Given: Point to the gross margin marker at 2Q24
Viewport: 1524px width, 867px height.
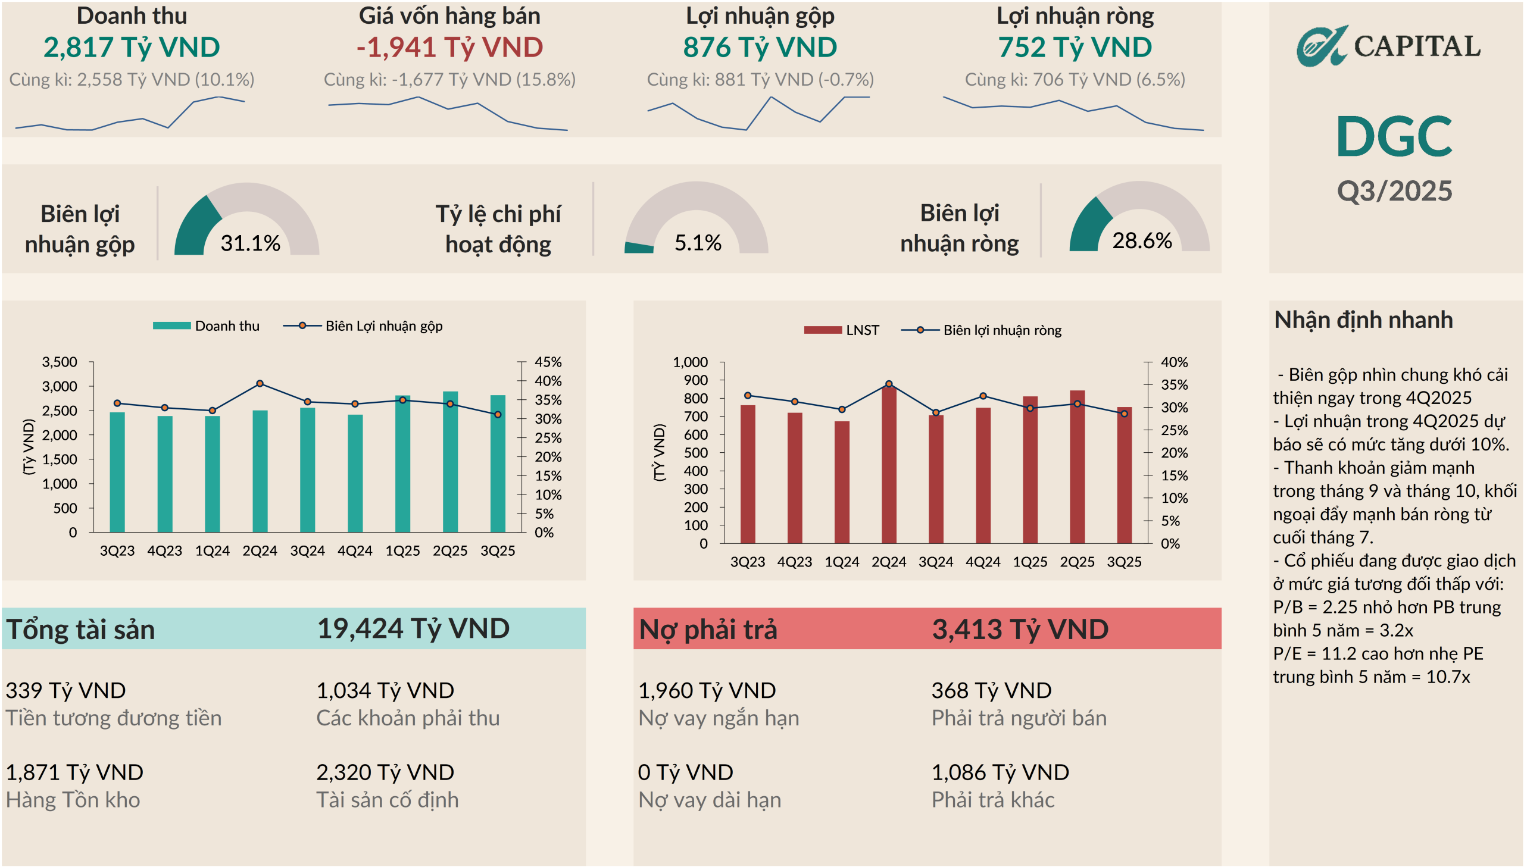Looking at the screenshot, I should click(260, 383).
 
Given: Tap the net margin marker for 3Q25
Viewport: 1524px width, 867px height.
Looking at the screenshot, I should click(1125, 413).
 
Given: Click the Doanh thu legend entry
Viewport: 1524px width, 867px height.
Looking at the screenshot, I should click(206, 325).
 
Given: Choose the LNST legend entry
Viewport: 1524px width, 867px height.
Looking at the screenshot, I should click(841, 330).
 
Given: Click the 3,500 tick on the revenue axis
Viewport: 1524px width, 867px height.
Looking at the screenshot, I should click(60, 362).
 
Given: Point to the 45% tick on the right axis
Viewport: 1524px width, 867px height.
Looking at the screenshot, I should click(548, 362).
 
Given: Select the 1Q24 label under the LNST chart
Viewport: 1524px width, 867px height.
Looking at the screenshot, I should click(842, 562).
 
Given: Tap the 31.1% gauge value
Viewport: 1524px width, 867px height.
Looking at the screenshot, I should click(250, 243).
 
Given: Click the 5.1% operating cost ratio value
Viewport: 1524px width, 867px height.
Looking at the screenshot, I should click(697, 243).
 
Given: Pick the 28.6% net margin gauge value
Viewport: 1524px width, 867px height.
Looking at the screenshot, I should click(1142, 240).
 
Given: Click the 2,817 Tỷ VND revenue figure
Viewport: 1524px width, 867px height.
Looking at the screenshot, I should click(132, 48).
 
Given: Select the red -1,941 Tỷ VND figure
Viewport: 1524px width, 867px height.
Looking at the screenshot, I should click(449, 48).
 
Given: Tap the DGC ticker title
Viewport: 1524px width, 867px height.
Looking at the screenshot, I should click(1394, 136).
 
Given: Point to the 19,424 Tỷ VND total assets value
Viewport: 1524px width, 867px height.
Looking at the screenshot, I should click(413, 629).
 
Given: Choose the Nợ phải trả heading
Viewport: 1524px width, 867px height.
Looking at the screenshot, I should click(708, 630).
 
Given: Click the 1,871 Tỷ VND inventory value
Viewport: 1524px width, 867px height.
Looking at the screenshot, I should click(74, 772).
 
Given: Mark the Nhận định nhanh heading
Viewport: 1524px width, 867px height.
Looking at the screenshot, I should click(1363, 320).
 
